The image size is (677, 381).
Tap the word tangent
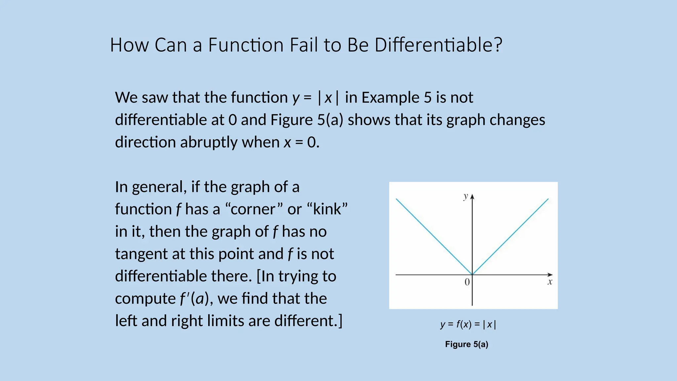pos(141,254)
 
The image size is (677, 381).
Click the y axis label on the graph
pos(465,196)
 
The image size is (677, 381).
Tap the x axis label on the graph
pos(550,282)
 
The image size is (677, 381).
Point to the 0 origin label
pos(467,282)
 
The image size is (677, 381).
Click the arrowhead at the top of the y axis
pos(472,197)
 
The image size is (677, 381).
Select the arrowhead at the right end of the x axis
pos(550,275)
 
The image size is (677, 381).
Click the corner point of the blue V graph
pos(472,275)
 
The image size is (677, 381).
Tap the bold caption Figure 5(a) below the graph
pos(466,344)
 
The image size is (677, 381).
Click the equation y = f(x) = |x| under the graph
pos(468,324)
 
